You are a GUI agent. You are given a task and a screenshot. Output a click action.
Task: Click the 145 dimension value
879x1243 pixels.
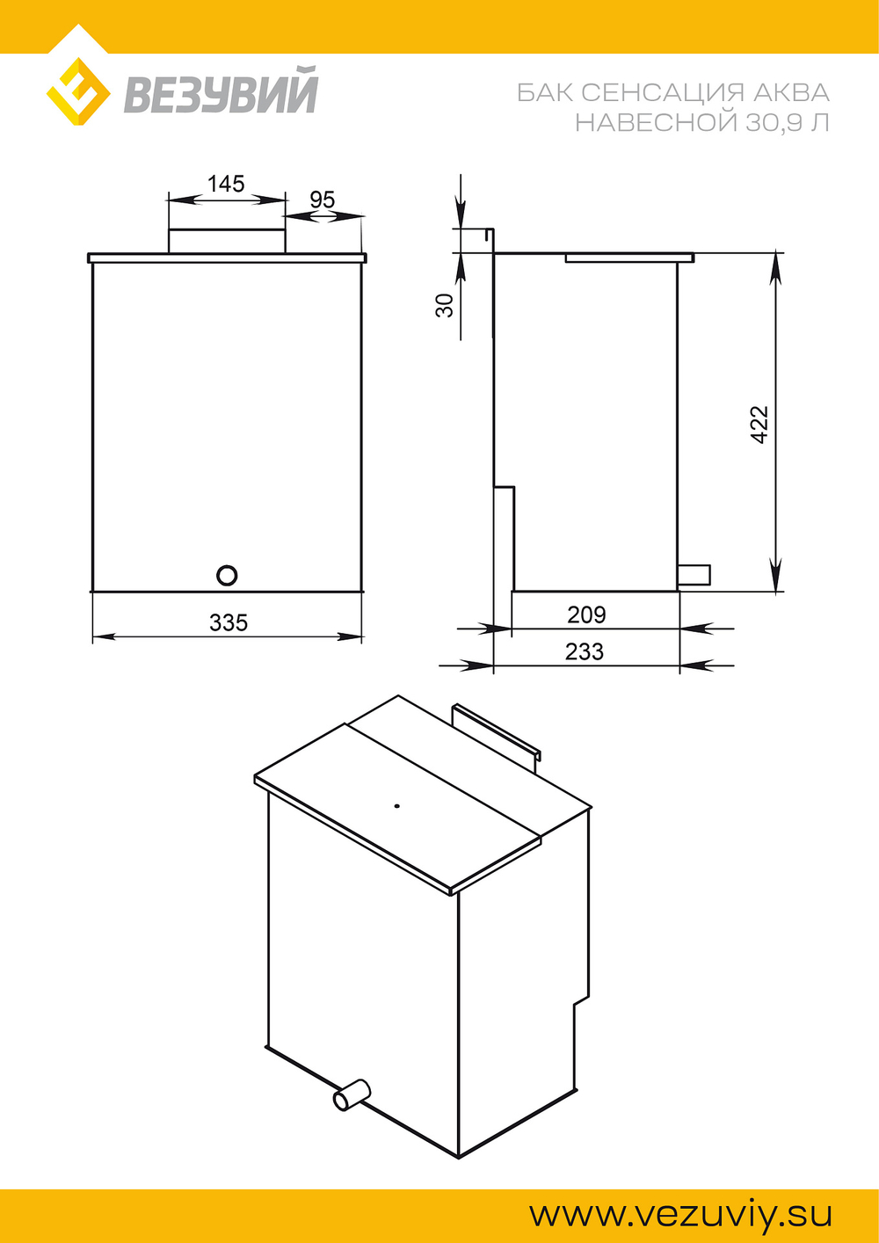(226, 184)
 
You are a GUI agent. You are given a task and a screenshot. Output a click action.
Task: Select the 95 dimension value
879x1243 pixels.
(323, 200)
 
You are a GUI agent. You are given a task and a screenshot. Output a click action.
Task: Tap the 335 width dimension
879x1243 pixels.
(228, 622)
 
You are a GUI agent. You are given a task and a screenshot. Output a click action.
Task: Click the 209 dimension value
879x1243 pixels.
(586, 614)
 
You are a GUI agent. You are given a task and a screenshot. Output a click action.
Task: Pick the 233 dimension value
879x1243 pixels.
(585, 652)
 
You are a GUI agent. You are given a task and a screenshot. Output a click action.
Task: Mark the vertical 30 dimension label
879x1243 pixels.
(445, 305)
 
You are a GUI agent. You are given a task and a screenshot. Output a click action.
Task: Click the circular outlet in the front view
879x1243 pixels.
(227, 576)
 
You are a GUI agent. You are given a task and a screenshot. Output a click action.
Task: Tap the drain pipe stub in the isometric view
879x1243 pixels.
(352, 1094)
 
